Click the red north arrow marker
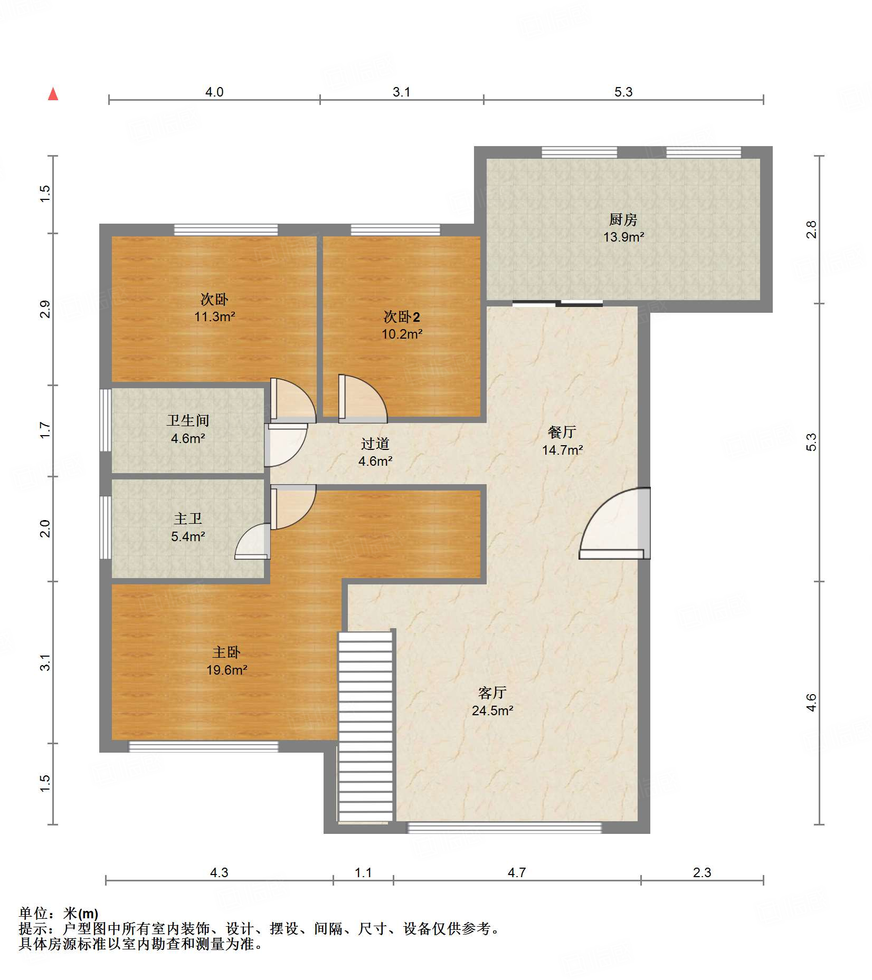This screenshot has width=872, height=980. click(53, 94)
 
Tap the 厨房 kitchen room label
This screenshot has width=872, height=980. click(623, 219)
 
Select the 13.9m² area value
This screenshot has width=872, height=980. click(623, 237)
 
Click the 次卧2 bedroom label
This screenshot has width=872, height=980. click(402, 316)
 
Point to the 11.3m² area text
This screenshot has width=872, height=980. click(214, 316)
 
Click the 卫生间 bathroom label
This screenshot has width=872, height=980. click(188, 420)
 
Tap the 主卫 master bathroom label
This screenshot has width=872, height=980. click(188, 518)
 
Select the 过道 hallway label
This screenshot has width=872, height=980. click(375, 444)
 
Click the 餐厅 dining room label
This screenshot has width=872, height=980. click(562, 432)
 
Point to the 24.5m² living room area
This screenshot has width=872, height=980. click(492, 710)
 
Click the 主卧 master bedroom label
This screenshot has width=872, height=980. click(226, 652)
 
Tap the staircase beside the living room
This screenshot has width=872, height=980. click(366, 726)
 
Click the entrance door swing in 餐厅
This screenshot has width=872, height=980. click(614, 523)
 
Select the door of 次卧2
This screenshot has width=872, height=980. click(362, 399)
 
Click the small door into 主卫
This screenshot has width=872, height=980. click(253, 541)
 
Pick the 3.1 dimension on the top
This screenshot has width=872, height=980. click(402, 92)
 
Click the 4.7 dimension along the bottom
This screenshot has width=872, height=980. click(517, 872)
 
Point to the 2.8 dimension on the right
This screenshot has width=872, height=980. click(811, 229)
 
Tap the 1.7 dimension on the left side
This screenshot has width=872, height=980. click(45, 430)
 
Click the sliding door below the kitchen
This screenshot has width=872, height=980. click(557, 303)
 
